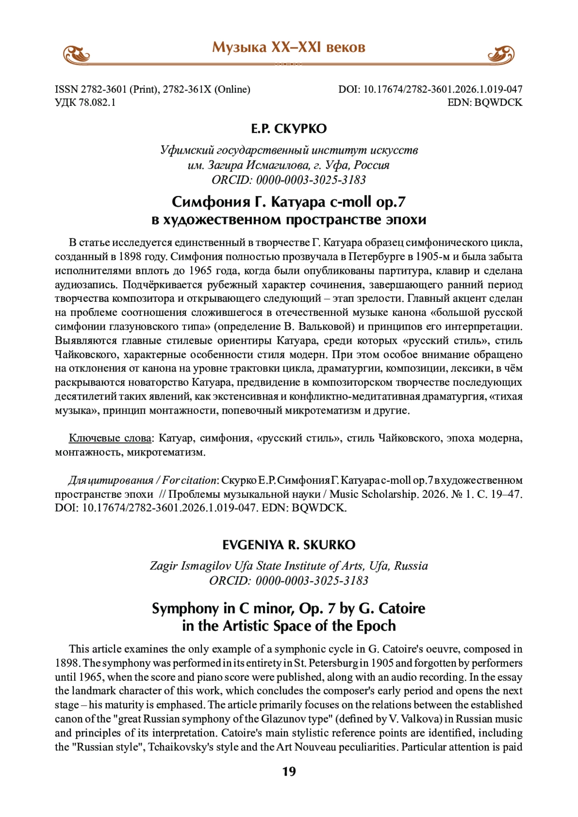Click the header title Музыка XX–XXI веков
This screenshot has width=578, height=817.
(x=289, y=47)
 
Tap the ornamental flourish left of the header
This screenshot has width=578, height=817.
(x=77, y=54)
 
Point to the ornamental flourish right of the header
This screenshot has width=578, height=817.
(x=501, y=54)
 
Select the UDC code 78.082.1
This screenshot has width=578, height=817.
(x=97, y=102)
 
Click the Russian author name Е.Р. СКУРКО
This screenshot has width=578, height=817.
(x=289, y=129)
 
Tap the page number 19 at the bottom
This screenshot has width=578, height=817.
(x=289, y=771)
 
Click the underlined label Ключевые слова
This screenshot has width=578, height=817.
(x=110, y=438)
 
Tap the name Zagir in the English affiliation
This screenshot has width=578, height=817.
(x=164, y=566)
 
